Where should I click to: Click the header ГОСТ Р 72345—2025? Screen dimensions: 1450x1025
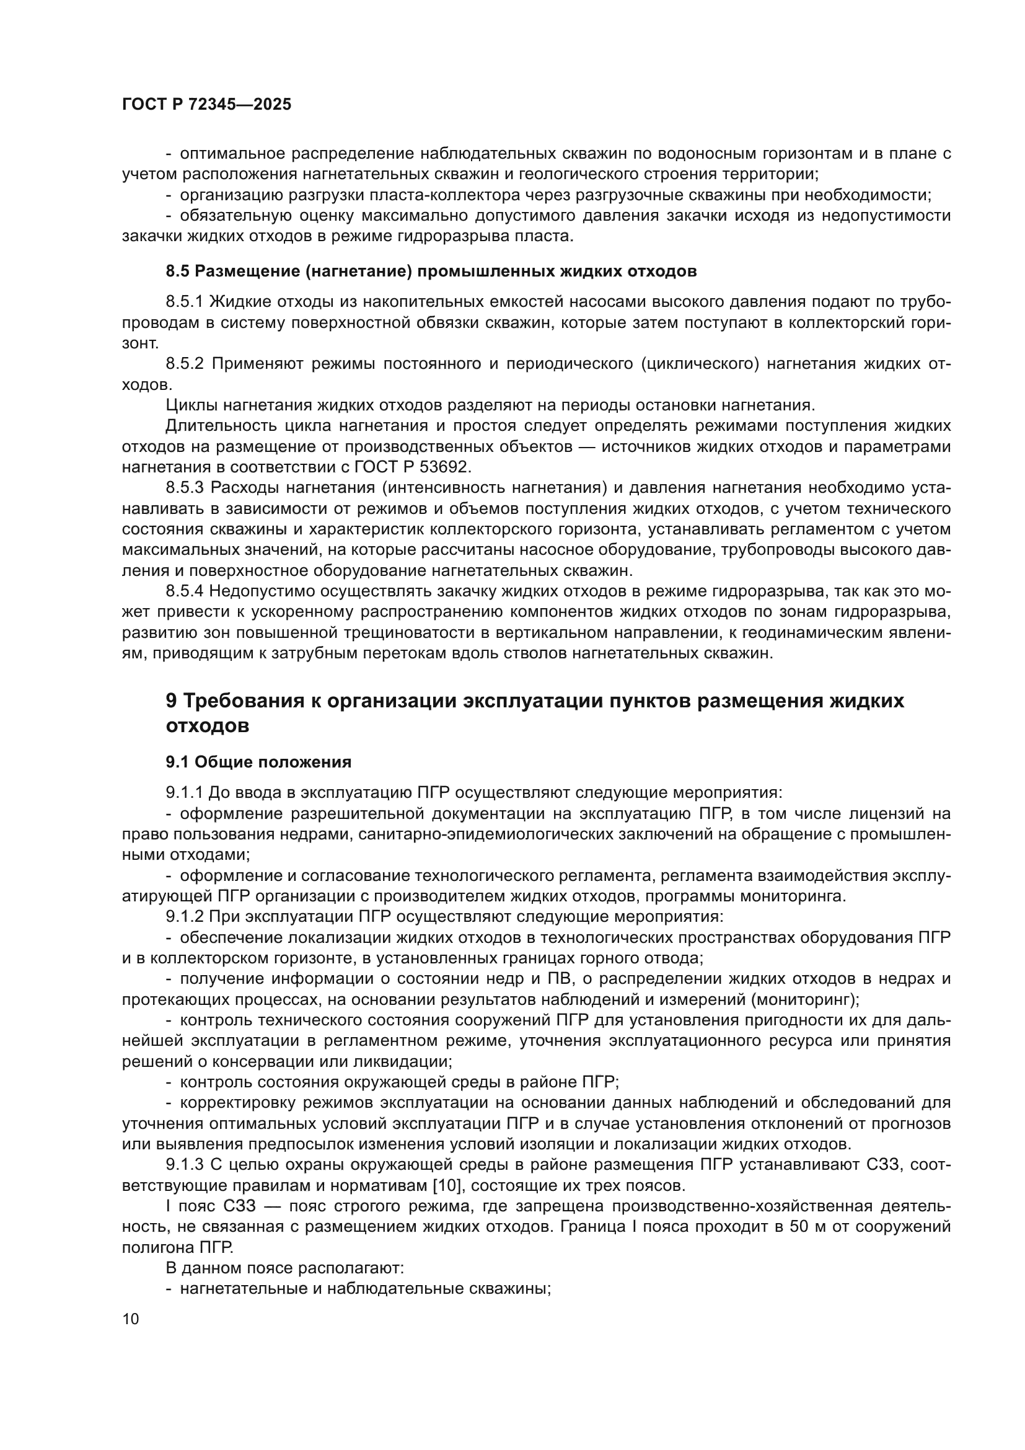[x=206, y=105]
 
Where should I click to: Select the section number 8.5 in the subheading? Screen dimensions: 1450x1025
[x=177, y=272]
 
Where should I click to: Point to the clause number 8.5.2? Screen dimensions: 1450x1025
[x=185, y=364]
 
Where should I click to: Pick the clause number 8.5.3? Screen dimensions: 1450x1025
[x=185, y=487]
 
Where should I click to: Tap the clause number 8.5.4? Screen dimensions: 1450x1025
[x=185, y=591]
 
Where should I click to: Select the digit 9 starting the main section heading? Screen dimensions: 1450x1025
[x=171, y=702]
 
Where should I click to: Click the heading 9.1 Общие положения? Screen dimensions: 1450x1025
[x=258, y=763]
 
